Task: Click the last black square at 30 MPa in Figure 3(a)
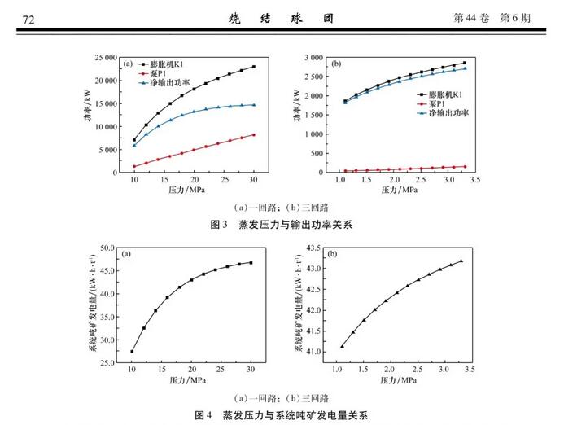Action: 253,67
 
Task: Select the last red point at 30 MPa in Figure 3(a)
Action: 253,134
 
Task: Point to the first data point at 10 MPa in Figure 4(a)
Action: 132,351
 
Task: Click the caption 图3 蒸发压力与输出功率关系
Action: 282,223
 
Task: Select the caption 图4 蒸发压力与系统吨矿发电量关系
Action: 282,414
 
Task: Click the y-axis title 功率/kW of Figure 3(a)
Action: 87,113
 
